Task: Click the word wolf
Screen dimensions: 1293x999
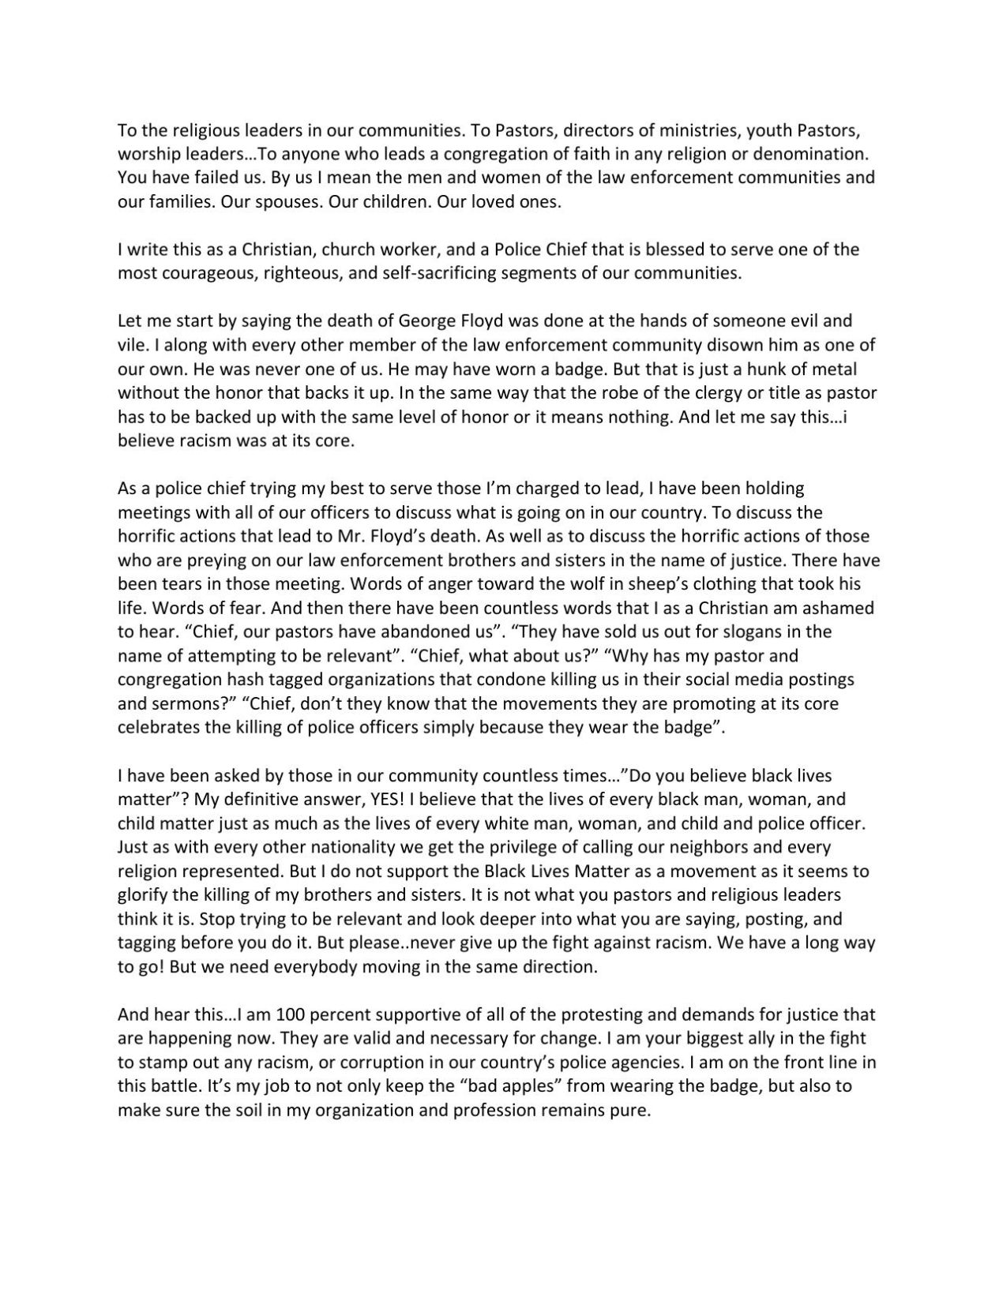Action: point(546,585)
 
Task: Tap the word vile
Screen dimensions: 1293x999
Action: point(131,346)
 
